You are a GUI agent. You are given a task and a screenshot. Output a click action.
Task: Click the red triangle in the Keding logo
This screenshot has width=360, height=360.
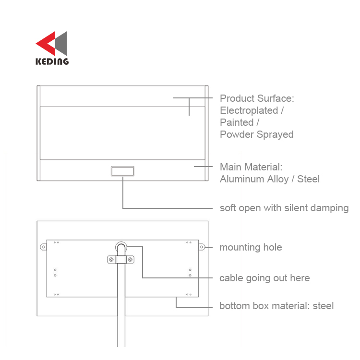[x=47, y=43]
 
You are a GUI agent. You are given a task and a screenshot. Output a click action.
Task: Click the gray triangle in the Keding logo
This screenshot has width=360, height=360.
[x=61, y=43]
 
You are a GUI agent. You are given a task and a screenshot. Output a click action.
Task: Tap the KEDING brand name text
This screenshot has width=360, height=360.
[x=52, y=61]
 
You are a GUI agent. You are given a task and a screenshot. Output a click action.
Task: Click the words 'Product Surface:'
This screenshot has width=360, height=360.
[x=257, y=98]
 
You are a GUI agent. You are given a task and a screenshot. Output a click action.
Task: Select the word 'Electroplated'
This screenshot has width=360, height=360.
[x=249, y=111]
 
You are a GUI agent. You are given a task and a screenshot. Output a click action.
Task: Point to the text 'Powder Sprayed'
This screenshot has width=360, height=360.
[x=257, y=134]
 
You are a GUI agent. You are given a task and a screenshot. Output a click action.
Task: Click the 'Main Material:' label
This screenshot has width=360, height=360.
[x=251, y=167]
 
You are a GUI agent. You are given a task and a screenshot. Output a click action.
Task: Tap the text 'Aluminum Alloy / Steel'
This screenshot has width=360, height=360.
[x=270, y=179]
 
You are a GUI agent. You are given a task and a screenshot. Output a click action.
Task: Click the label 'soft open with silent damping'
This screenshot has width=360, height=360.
[x=284, y=208]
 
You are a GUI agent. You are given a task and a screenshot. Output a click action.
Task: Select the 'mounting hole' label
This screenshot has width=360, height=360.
[x=251, y=247]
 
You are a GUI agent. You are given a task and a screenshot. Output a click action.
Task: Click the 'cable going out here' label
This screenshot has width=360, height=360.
[x=264, y=278]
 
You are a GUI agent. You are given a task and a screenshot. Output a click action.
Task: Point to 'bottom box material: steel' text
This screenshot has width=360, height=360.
[x=276, y=306]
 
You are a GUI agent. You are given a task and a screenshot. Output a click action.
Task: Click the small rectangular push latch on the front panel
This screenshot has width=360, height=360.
[x=122, y=171]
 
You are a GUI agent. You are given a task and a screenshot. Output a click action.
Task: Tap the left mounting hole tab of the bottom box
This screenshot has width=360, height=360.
[x=43, y=247]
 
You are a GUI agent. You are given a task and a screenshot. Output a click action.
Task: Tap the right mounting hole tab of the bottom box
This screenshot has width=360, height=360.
[x=202, y=247]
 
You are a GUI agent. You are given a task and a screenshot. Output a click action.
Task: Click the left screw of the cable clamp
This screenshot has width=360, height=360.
[x=111, y=260]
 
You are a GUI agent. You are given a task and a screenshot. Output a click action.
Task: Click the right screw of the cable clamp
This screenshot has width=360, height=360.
[x=130, y=260]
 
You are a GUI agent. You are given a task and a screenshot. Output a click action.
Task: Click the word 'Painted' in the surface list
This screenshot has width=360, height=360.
[x=237, y=122]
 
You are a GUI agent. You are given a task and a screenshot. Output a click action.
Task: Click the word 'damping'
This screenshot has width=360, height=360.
[x=330, y=208]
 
